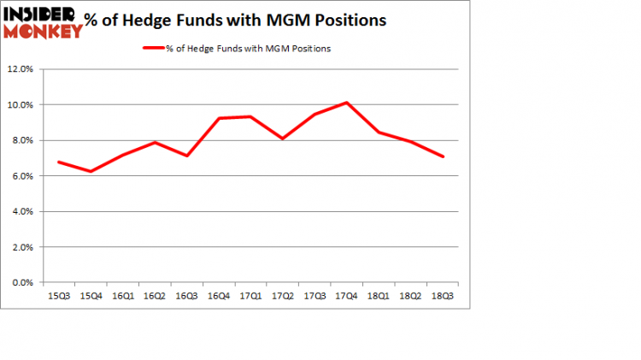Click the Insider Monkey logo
coord(44,22)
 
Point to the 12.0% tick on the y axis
coord(21,69)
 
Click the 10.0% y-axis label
coord(21,105)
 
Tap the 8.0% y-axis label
coord(23,140)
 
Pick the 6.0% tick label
coord(23,176)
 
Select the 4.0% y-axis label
coord(23,211)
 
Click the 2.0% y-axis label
coord(23,247)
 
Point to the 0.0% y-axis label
coord(23,282)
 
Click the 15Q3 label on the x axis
coord(57,297)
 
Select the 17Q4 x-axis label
coord(345,297)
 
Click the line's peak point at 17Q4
coord(345,103)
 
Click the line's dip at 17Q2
coord(283,139)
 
